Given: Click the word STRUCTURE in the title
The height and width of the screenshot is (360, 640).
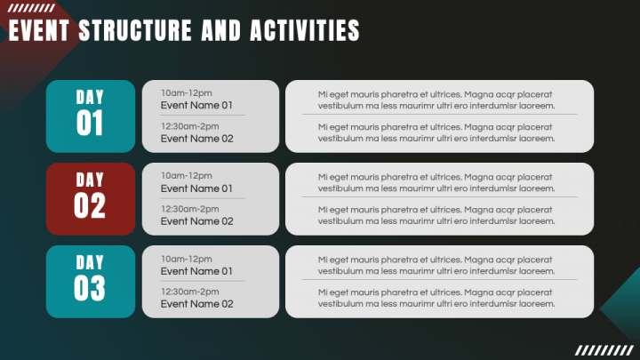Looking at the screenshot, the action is point(135,30).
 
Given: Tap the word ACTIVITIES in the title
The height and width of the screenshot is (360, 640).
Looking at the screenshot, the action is point(305,30).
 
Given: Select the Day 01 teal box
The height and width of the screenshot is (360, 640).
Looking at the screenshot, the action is point(91,116).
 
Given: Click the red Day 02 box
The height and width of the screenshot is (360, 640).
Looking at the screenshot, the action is point(91,199).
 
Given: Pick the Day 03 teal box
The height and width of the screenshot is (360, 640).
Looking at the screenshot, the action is point(91,282).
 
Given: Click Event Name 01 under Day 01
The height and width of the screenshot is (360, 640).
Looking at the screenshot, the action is point(196,105).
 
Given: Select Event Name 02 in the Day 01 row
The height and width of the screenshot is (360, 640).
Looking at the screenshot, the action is point(196,139).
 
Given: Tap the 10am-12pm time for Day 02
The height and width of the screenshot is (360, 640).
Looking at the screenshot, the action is point(186,176).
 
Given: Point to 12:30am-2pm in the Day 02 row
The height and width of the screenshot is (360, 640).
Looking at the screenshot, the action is point(190,209).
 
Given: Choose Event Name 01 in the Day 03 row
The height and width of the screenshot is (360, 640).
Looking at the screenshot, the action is point(196,271).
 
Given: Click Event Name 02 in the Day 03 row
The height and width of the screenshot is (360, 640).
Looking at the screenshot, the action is point(196,304).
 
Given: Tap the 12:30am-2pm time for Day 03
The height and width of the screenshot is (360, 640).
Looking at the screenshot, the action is point(190,292).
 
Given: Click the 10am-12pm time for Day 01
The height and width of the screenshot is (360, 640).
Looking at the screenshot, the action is point(186,93).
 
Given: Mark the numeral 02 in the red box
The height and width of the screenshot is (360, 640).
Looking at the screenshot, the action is point(90,205).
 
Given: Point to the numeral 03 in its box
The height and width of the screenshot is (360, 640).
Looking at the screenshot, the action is point(90,288).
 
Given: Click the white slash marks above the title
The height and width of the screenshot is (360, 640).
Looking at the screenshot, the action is point(31,8).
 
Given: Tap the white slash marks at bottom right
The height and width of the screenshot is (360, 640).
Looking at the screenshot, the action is point(604,350).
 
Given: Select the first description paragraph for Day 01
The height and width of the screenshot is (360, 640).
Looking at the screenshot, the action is point(436,100).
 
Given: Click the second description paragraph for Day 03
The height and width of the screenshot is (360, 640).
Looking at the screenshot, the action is point(436,298).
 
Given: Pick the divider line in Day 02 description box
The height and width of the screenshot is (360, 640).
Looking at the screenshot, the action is point(440,197).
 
